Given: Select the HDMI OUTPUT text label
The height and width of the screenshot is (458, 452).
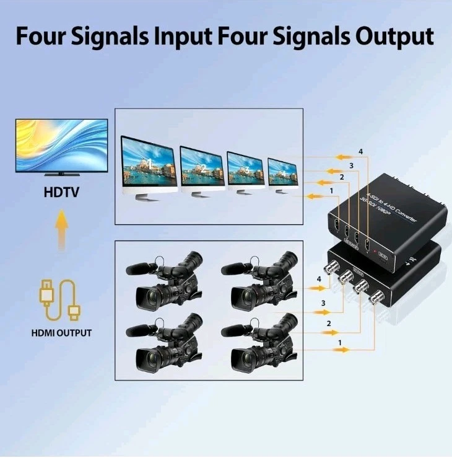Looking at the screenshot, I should pyautogui.click(x=61, y=333).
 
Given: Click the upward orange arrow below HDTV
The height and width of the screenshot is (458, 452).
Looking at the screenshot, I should pyautogui.click(x=61, y=230).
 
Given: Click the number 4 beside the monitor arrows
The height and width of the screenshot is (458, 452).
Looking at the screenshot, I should pyautogui.click(x=360, y=152).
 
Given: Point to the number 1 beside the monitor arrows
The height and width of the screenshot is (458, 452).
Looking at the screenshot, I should pyautogui.click(x=332, y=190).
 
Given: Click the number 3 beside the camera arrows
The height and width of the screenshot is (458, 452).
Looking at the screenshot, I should pyautogui.click(x=323, y=303).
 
